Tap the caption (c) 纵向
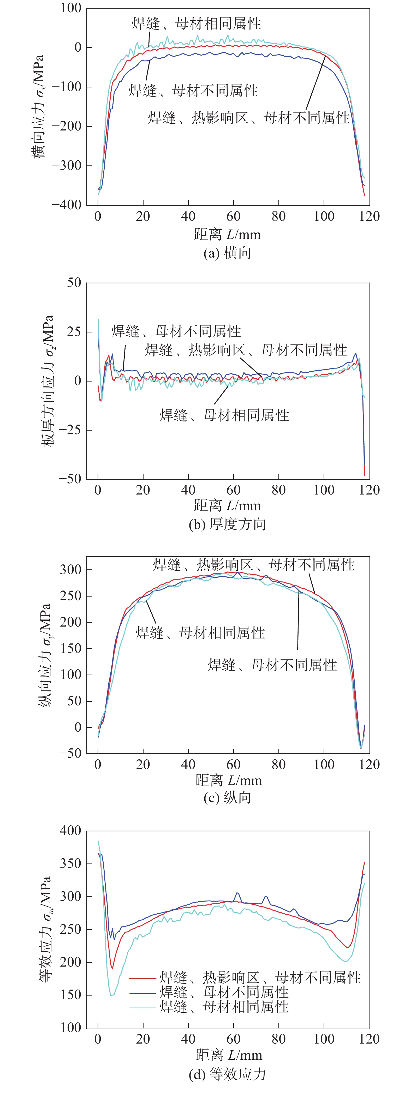pos(227,798)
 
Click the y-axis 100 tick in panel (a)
pos(70,8)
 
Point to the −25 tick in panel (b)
pos(70,430)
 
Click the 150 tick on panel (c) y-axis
pos(70,648)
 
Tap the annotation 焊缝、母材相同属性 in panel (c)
pos(200,633)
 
